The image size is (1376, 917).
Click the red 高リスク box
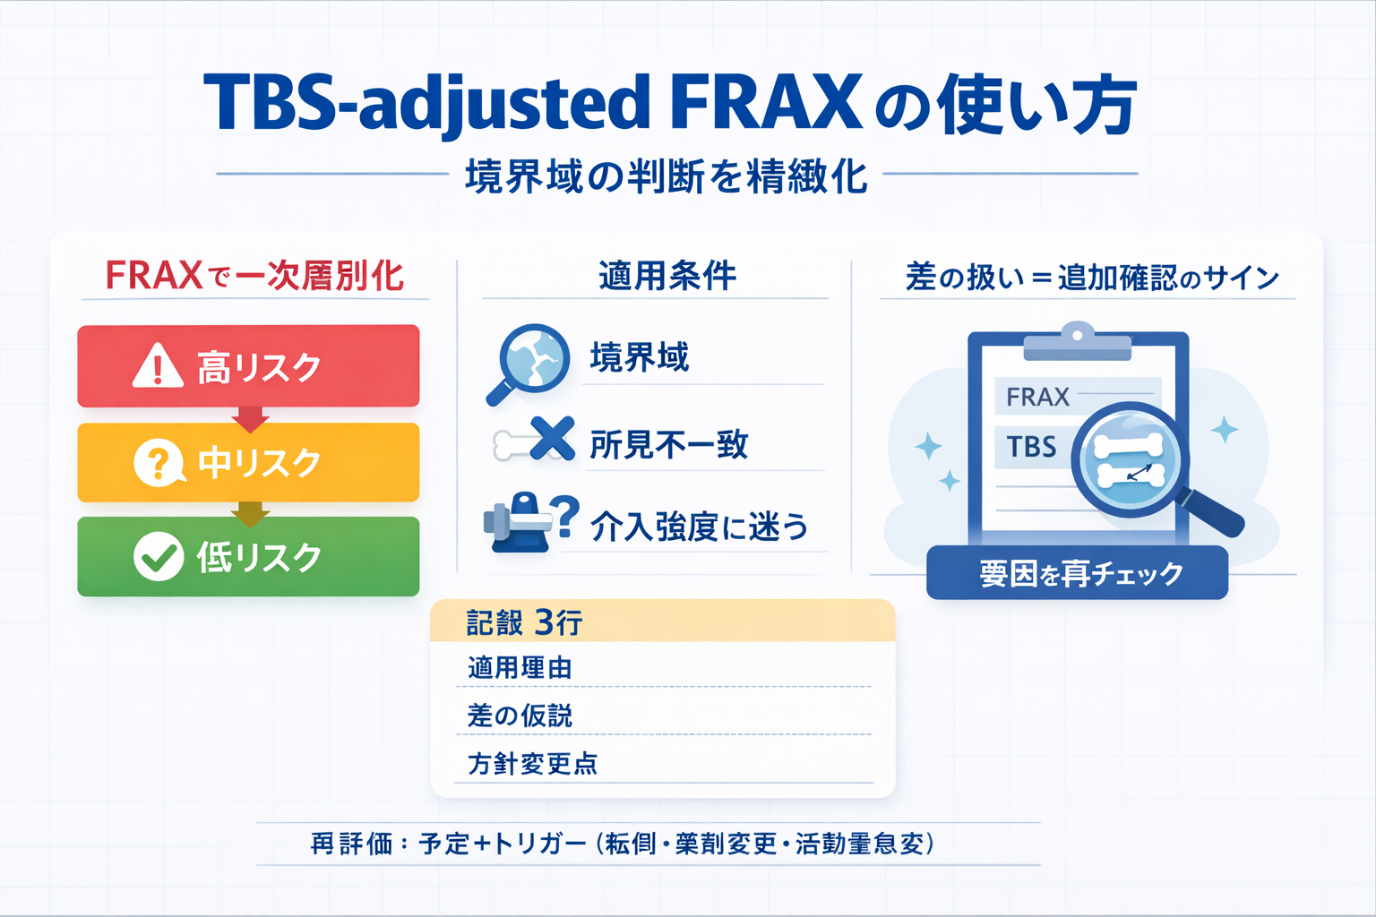coord(248,365)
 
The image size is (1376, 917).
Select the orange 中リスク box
coord(248,462)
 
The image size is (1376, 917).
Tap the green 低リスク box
coord(248,556)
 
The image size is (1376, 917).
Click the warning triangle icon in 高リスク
coord(158,366)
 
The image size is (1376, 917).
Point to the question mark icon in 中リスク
coord(158,463)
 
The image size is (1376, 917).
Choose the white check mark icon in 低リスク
coord(159,556)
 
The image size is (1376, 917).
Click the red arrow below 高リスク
coord(250,417)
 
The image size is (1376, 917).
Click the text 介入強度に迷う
coord(699,527)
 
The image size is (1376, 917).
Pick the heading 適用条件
coord(667,276)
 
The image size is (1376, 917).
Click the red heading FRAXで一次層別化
coord(254,276)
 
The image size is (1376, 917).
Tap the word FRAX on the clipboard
coord(1037,397)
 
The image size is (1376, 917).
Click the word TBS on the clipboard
coord(1031,446)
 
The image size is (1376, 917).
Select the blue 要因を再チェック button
coord(1077,573)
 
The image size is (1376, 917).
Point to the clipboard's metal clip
coord(1077,342)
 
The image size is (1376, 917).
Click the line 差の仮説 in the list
coord(520,716)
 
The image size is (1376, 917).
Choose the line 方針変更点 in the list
coord(532,764)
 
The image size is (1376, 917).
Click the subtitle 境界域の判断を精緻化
coord(666,176)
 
